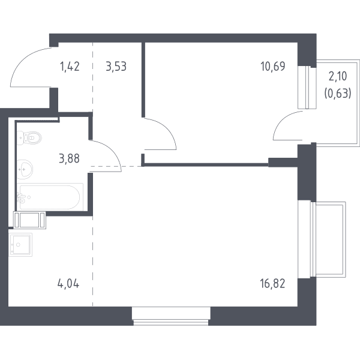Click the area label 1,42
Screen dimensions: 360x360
(70, 67)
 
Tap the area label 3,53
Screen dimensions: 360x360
(116, 67)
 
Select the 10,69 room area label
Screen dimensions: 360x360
(273, 67)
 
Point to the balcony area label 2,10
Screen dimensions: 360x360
(338, 76)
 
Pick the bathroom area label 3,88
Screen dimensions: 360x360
(70, 158)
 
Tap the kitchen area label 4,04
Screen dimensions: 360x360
(68, 284)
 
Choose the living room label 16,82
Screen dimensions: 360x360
(273, 284)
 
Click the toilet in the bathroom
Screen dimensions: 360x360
(29, 138)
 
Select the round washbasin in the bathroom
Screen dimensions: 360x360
(25, 169)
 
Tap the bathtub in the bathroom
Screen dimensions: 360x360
(50, 197)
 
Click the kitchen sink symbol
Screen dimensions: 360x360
(20, 245)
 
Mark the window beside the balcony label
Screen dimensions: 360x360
(307, 88)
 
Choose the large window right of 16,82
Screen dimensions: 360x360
(322, 239)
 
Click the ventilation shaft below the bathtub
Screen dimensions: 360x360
(29, 220)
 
